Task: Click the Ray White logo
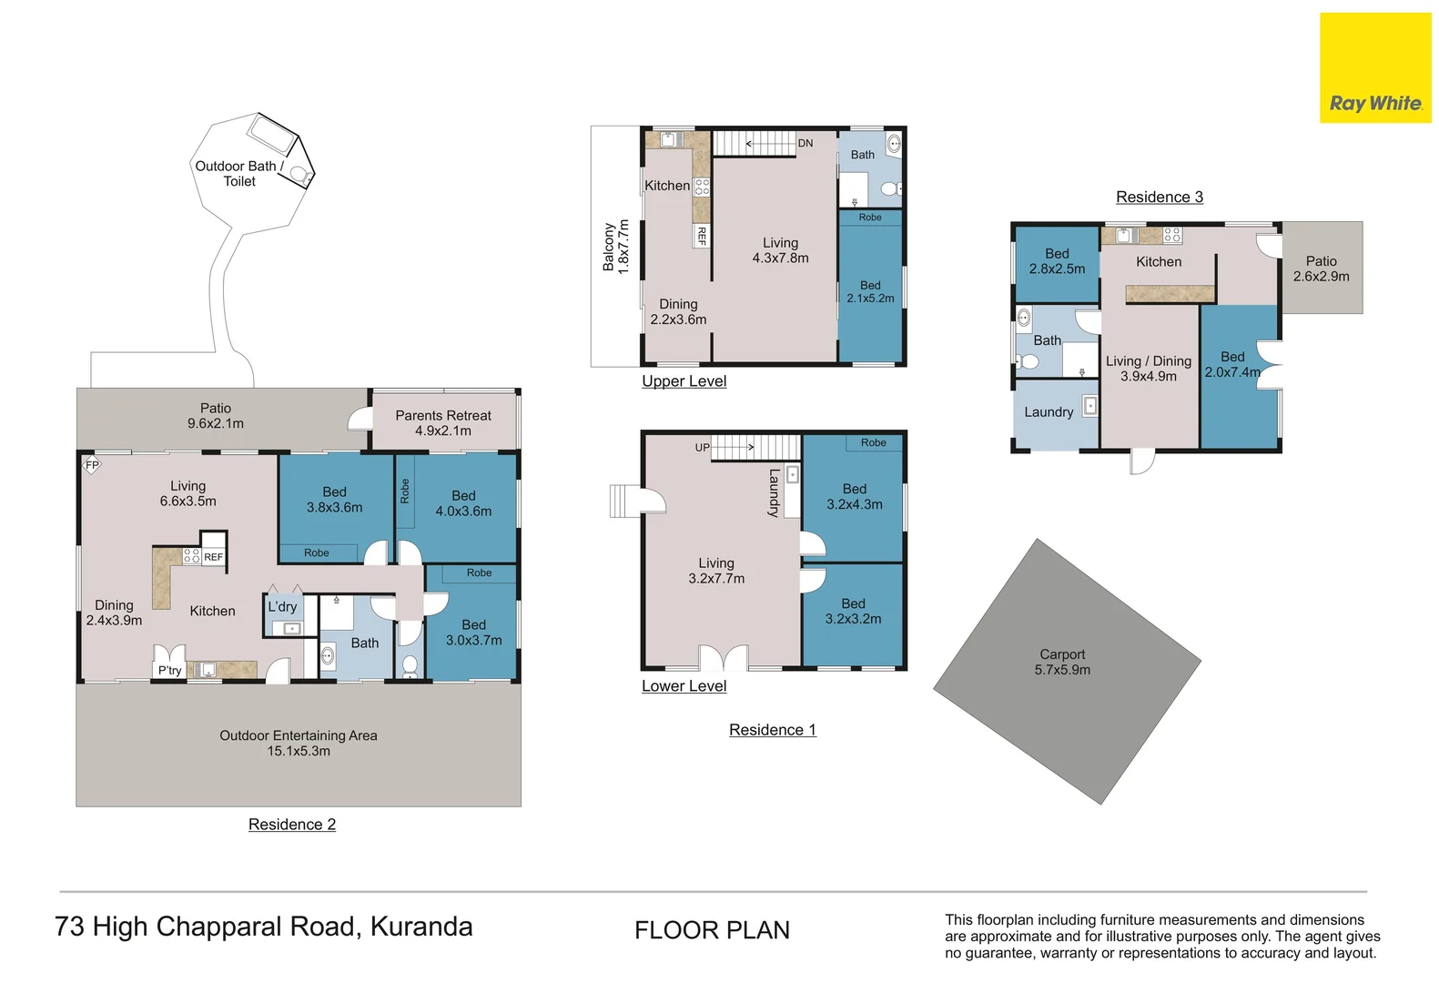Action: [1375, 67]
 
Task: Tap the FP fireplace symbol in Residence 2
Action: [92, 464]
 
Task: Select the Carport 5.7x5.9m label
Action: [1062, 662]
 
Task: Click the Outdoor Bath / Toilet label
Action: [239, 174]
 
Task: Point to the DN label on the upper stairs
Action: [806, 143]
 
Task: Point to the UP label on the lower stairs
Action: [702, 447]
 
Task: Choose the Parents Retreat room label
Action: [443, 422]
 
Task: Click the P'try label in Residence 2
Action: [169, 670]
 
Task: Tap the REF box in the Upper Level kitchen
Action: [702, 236]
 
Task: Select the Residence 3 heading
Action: [1160, 197]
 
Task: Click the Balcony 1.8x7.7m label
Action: [615, 247]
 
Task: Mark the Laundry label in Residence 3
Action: [1049, 411]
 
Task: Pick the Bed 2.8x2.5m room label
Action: [1057, 261]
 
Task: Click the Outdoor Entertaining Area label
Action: [298, 743]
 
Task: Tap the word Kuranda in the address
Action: [421, 927]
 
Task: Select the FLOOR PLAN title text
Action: [712, 929]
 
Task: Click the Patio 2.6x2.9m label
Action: [1322, 269]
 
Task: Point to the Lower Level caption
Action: [684, 685]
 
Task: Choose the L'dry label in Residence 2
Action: [282, 606]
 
